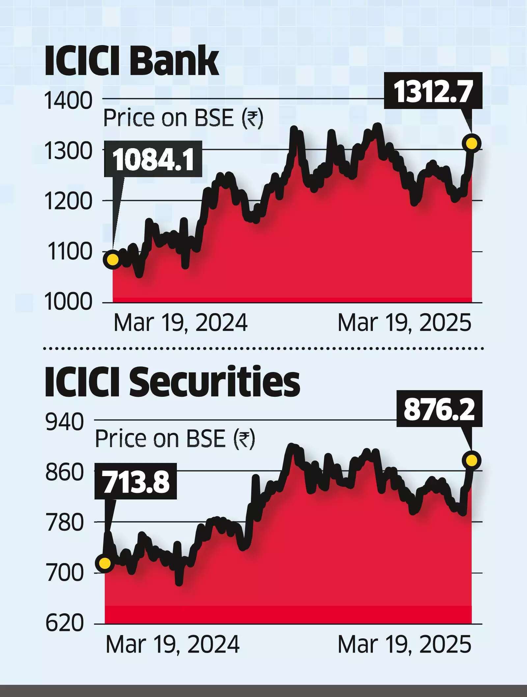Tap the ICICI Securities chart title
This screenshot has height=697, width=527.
(172, 382)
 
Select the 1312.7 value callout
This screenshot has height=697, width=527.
(433, 91)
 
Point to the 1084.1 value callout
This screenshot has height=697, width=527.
(153, 159)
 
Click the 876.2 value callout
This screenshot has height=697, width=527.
(439, 409)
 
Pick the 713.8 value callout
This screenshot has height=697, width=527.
(136, 481)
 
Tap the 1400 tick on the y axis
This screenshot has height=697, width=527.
(68, 101)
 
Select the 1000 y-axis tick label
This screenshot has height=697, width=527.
(68, 302)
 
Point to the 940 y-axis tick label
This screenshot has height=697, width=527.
(65, 422)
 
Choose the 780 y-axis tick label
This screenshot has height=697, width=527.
(65, 523)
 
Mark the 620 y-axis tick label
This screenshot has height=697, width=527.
(65, 623)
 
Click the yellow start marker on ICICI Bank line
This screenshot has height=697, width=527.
(113, 259)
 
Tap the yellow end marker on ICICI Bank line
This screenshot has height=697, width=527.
(472, 143)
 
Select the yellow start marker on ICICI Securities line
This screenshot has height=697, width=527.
(105, 563)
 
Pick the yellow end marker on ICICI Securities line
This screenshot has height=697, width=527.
(472, 460)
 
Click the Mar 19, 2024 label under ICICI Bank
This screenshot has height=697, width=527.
(180, 323)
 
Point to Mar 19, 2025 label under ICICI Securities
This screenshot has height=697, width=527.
(404, 644)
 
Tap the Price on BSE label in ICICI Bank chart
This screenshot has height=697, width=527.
(183, 118)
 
